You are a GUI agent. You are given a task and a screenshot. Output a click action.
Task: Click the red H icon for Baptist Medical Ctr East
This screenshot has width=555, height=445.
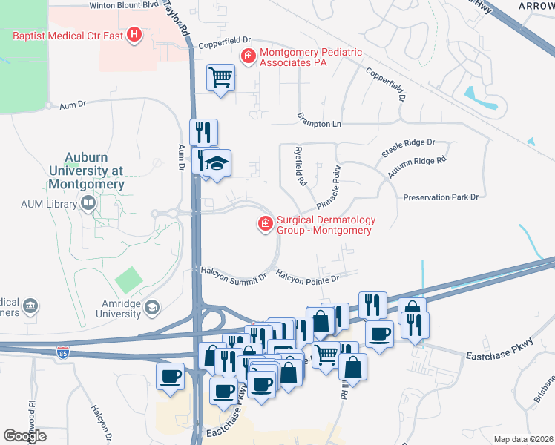click(134, 35)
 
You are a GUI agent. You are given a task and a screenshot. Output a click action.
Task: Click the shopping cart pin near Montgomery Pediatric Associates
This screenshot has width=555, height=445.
click(220, 76)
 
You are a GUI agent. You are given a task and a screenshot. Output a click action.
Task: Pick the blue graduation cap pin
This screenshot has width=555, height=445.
click(217, 162)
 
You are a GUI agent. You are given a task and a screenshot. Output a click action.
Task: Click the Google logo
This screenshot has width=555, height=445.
click(24, 436)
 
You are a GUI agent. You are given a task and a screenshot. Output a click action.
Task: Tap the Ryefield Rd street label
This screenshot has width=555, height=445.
click(299, 165)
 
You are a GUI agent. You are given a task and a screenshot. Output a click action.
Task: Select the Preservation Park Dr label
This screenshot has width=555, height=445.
click(442, 197)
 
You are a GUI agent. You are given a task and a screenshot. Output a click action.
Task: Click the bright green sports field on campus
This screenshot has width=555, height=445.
click(128, 280)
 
